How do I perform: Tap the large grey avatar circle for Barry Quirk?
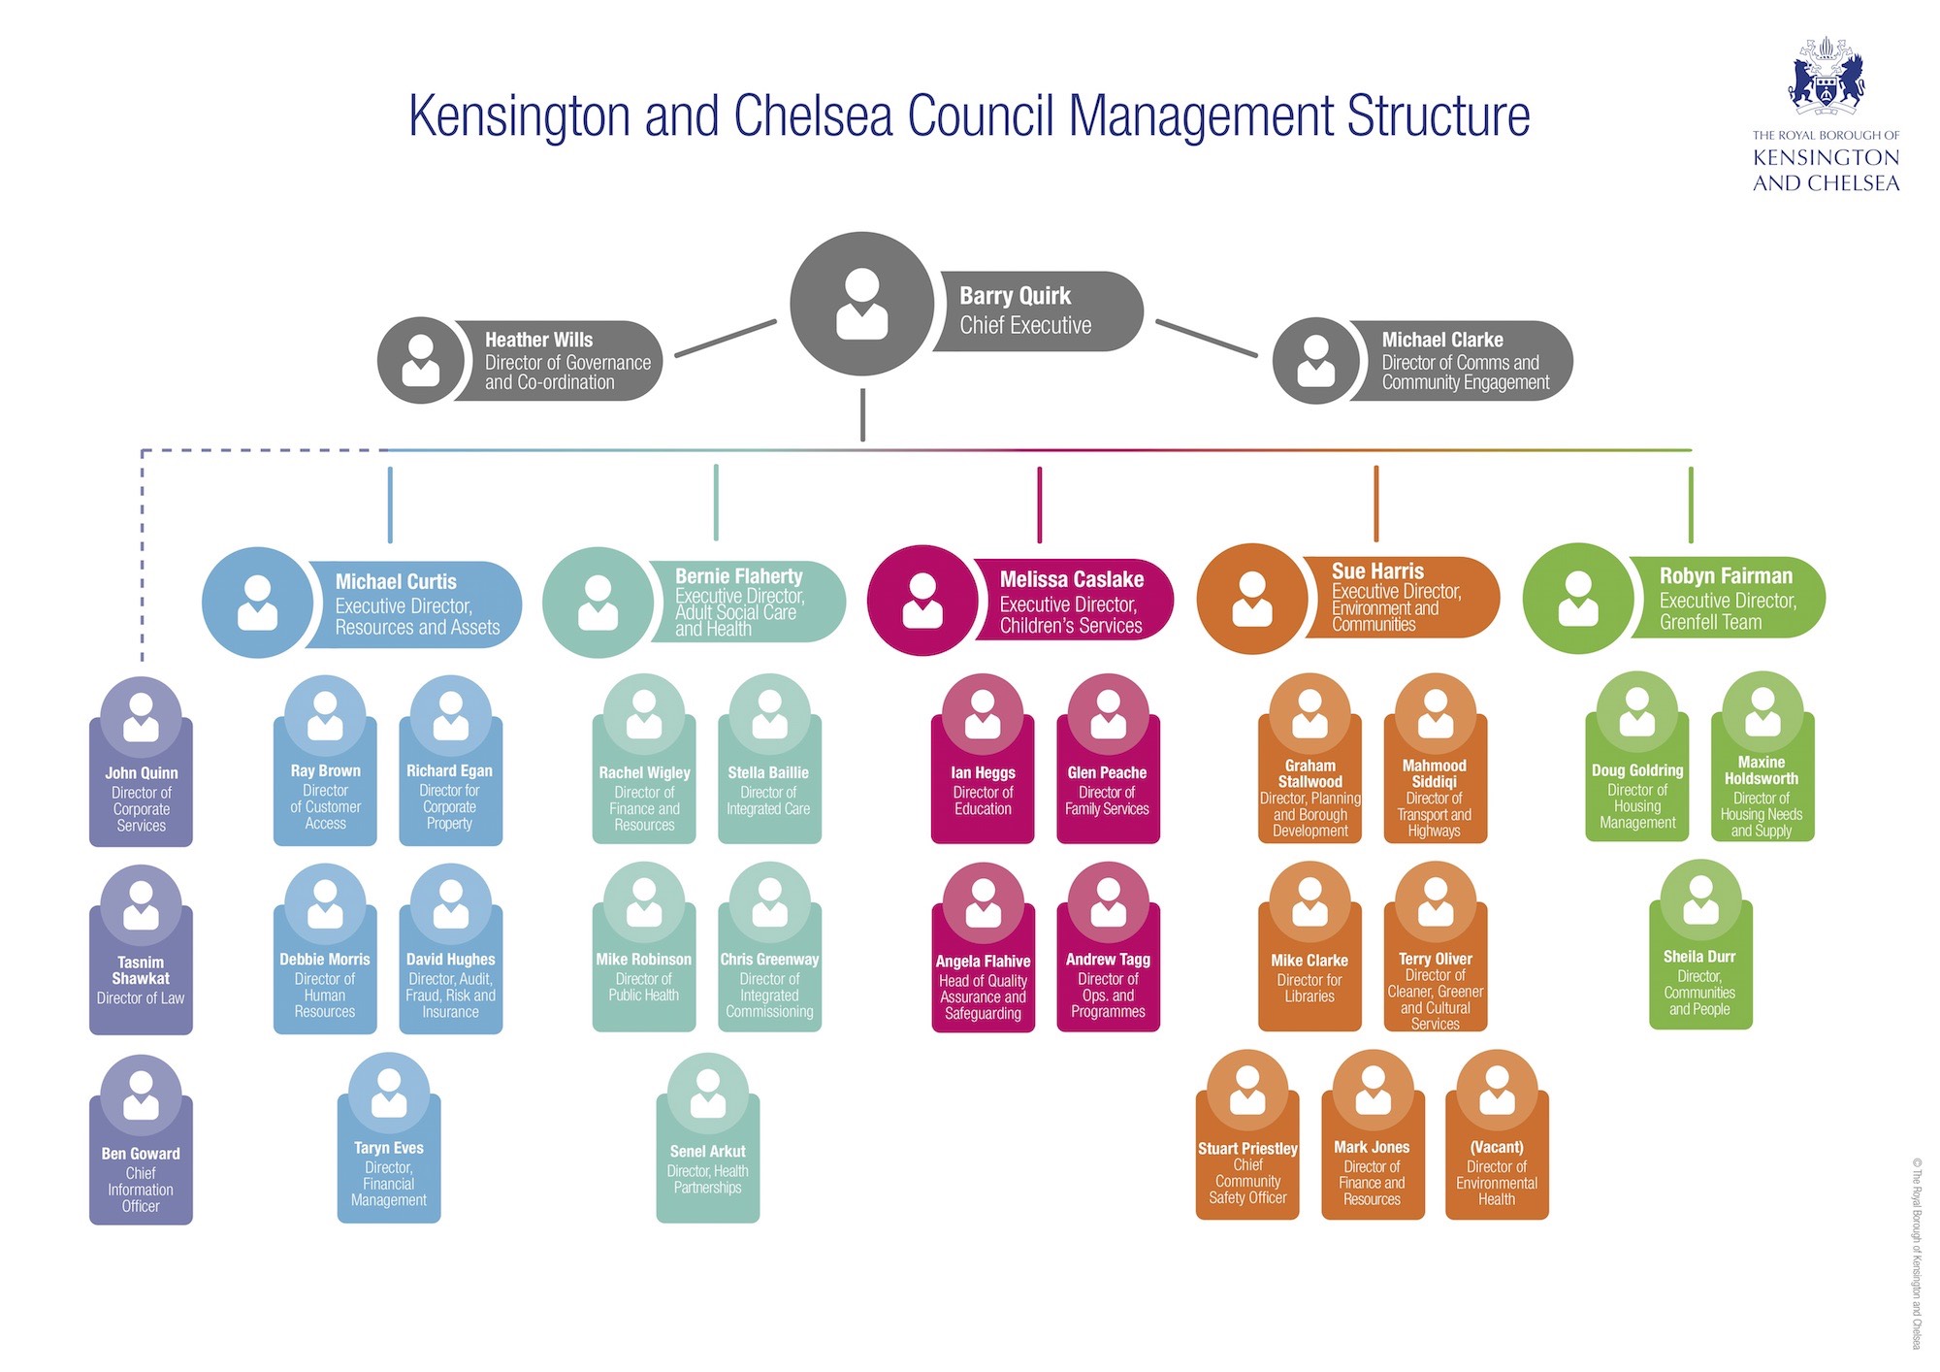(x=861, y=304)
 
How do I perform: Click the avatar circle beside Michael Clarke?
(x=1316, y=360)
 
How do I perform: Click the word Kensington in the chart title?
(x=519, y=115)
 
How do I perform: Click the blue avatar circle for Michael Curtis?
(x=258, y=603)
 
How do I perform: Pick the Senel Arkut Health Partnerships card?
(x=707, y=1155)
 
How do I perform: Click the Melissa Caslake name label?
(x=1071, y=602)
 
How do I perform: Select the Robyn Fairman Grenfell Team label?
(x=1727, y=599)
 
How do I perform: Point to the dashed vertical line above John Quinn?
(x=142, y=563)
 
